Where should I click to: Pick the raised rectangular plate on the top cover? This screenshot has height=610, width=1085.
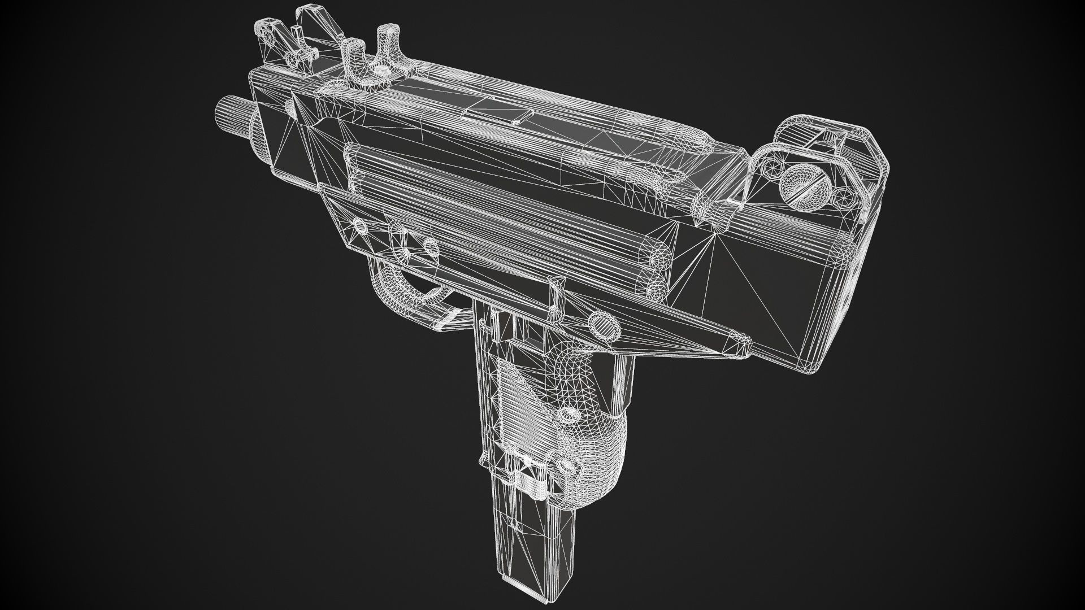497,112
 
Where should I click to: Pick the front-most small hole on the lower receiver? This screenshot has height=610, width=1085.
359,226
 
